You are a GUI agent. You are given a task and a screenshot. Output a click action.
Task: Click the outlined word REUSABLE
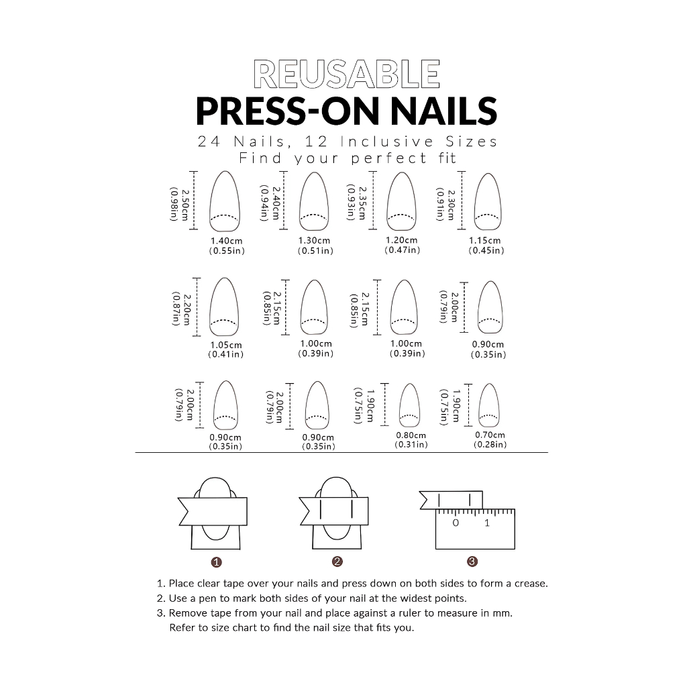pos(347,74)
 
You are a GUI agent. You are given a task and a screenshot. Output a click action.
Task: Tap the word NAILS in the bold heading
pos(444,111)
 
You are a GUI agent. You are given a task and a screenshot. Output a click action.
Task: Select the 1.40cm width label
pos(227,241)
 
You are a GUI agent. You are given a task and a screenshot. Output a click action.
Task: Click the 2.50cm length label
pos(185,205)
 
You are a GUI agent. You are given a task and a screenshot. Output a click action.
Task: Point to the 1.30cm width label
pos(314,241)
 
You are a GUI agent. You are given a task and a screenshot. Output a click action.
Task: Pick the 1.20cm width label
pos(402,240)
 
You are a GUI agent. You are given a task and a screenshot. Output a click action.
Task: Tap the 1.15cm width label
pos(484,241)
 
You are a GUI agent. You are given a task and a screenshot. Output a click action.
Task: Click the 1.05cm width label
pos(226,346)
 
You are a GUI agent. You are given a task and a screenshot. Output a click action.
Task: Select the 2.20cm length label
pos(187,309)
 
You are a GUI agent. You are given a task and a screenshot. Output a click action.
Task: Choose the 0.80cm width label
pos(411,435)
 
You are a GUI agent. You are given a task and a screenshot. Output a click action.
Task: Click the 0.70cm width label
pos(490,435)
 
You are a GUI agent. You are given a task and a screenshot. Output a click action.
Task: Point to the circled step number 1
pos(217,562)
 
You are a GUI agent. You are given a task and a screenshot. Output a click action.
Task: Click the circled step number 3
pos(472,562)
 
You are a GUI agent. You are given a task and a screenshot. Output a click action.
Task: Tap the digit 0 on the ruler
pos(456,523)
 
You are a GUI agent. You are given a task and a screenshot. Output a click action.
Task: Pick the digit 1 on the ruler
pos(487,523)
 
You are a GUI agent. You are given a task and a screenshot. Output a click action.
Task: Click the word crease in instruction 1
pos(531,584)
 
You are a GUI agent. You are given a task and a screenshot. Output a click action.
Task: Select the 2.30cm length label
pos(452,205)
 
